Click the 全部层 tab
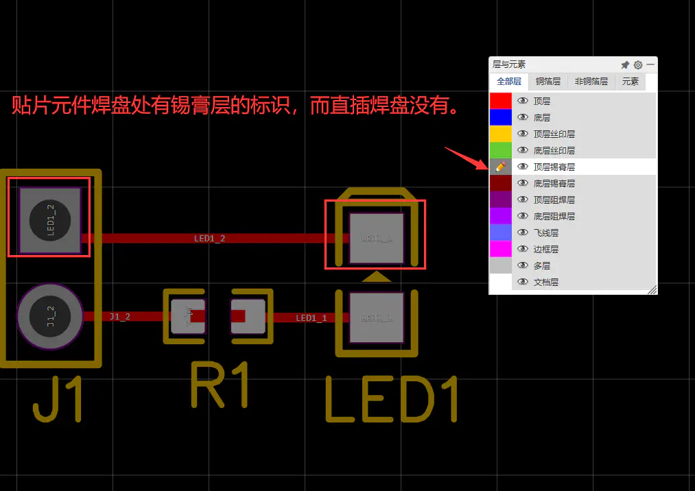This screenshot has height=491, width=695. click(x=509, y=82)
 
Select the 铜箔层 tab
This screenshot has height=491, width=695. click(x=548, y=82)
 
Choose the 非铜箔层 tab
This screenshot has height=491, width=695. click(x=591, y=82)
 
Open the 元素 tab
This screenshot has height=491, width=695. click(x=630, y=82)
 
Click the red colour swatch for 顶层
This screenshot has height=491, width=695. click(x=500, y=101)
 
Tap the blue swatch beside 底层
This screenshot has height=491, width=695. click(x=500, y=117)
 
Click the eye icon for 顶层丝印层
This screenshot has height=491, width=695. click(x=523, y=134)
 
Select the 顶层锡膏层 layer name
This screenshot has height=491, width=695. click(x=554, y=167)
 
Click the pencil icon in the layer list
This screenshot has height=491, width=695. click(x=500, y=167)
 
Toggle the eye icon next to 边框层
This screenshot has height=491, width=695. click(x=523, y=249)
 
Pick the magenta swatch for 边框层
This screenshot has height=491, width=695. click(x=500, y=249)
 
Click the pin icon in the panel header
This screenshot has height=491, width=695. click(x=625, y=65)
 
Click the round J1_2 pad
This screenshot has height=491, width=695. click(x=50, y=317)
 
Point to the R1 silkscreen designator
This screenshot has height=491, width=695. click(x=219, y=385)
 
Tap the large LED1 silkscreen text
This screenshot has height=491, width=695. click(x=390, y=400)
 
